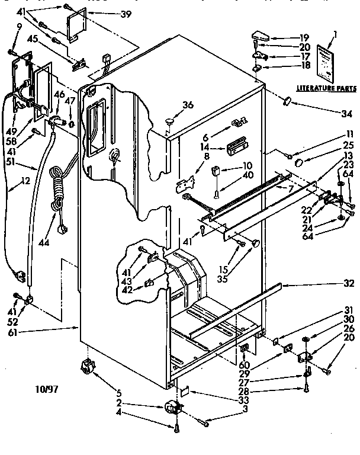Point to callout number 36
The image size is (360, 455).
click(188, 105)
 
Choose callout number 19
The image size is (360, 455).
click(304, 37)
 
